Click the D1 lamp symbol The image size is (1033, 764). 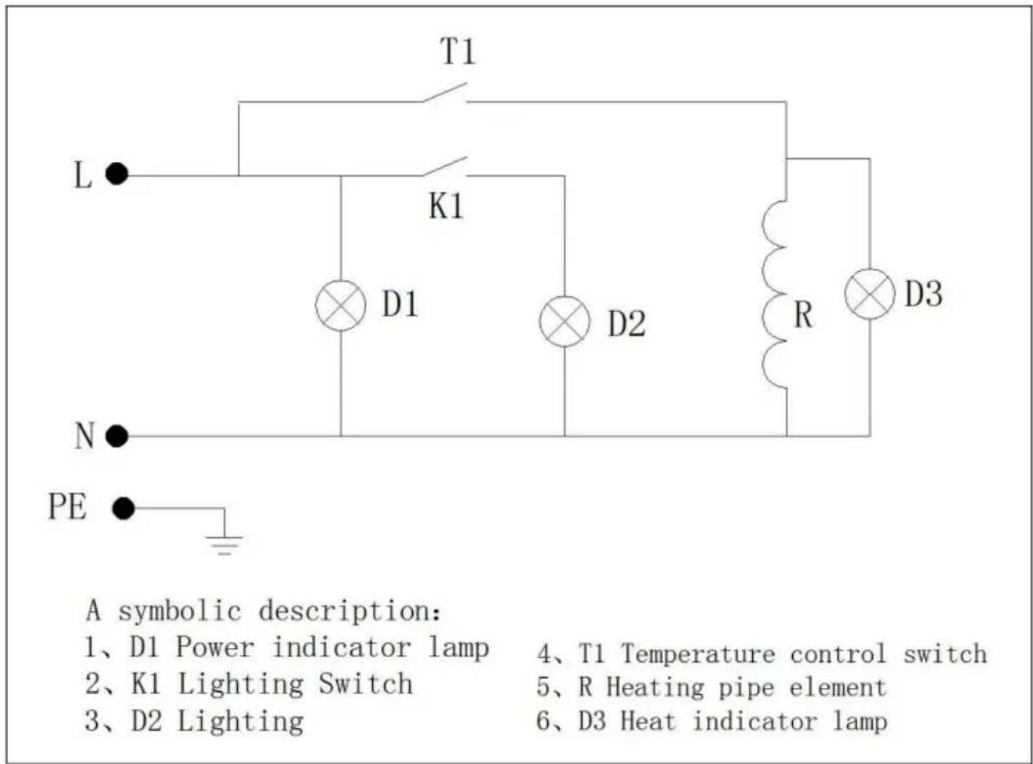point(341,306)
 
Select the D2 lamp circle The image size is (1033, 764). point(565,321)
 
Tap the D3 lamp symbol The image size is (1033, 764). point(870,293)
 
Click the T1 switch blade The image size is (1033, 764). point(445,92)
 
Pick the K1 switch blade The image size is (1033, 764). point(445,167)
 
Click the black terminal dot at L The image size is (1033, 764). point(117,174)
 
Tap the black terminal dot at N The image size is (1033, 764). point(117,436)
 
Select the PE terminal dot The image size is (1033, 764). point(124,508)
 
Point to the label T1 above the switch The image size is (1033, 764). point(458,51)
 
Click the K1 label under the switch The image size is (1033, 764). point(446,206)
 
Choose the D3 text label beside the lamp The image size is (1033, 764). point(924,293)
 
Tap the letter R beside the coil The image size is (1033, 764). point(804,315)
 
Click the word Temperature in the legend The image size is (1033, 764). point(698,653)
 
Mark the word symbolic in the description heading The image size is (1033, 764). point(180,611)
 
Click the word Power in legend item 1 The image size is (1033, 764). point(215,647)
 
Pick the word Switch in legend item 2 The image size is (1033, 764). point(365,683)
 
